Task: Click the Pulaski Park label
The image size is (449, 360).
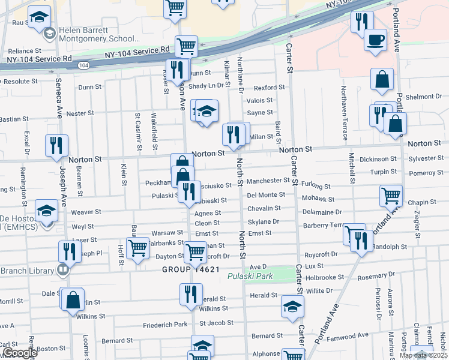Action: [x=250, y=276]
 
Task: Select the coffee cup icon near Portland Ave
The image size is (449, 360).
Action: [x=376, y=40]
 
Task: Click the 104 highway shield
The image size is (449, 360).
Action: [x=83, y=65]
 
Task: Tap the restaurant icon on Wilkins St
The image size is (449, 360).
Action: [x=191, y=295]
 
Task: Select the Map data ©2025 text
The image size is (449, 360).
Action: [x=421, y=355]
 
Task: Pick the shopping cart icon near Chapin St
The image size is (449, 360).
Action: [x=391, y=194]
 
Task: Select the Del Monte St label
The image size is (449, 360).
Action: [x=266, y=195]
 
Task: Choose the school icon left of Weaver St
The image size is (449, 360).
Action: [x=46, y=210]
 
